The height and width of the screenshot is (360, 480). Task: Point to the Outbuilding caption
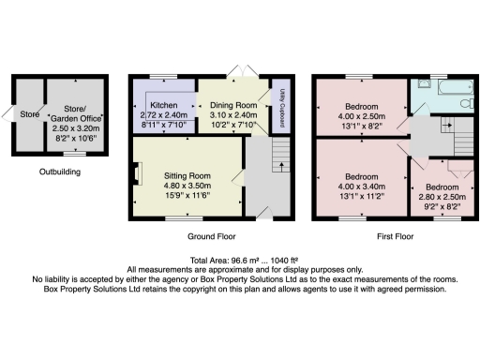coord(59,172)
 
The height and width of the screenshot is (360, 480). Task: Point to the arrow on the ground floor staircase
coord(279,166)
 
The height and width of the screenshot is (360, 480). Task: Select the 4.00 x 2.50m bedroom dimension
coord(361,115)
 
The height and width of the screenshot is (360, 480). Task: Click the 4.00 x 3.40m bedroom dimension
coord(361,186)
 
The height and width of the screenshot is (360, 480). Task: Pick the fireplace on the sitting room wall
coord(139,174)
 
